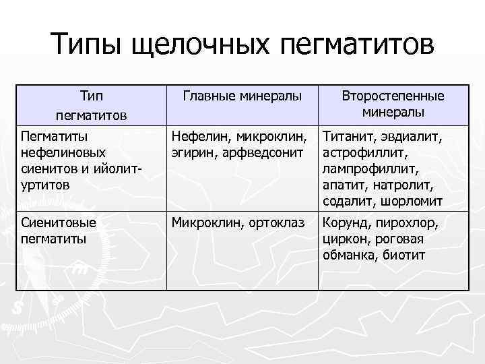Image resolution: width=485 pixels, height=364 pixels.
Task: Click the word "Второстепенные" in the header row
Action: [393, 96]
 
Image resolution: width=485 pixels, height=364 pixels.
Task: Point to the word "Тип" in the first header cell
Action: [92, 96]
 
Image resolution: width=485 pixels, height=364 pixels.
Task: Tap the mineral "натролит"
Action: [406, 185]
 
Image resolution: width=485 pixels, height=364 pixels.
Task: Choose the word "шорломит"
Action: [411, 201]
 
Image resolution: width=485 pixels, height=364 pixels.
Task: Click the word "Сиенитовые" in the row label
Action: [59, 222]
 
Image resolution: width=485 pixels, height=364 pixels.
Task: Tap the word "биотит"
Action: [404, 255]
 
